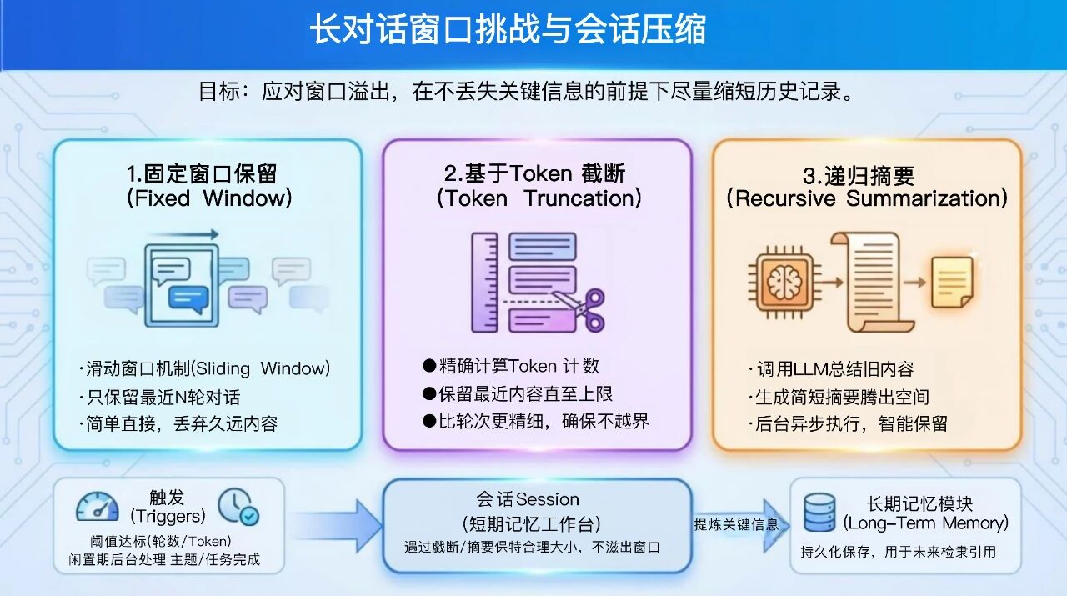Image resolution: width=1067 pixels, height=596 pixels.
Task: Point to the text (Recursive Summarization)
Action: (x=867, y=198)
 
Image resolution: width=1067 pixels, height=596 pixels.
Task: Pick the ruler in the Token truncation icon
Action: (x=484, y=283)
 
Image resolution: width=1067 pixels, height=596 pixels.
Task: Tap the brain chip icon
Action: (x=783, y=283)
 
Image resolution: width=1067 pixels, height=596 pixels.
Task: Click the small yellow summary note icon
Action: (x=951, y=282)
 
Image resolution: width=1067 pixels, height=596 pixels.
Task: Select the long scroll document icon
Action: (x=867, y=282)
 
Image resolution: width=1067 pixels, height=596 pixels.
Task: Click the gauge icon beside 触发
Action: (x=98, y=506)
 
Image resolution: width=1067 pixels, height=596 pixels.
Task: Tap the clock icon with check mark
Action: (x=238, y=506)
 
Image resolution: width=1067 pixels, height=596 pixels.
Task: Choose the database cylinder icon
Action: (x=819, y=513)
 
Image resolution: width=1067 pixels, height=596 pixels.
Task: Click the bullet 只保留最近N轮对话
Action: (x=163, y=397)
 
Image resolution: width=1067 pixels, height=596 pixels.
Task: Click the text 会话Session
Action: (x=528, y=499)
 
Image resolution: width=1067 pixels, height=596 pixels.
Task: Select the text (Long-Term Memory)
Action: (x=925, y=523)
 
